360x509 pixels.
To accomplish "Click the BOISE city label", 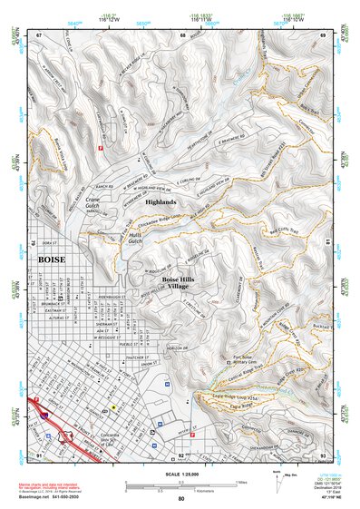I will click(53, 259).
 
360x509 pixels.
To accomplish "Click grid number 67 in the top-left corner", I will click(39, 34).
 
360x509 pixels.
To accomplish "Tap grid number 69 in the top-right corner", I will click(324, 34).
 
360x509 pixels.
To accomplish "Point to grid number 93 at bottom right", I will click(324, 454).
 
